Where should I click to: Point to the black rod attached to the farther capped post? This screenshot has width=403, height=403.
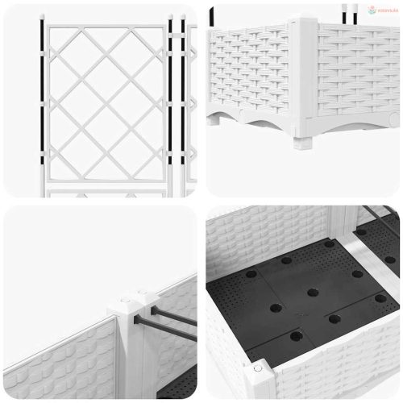[x=173, y=314]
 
